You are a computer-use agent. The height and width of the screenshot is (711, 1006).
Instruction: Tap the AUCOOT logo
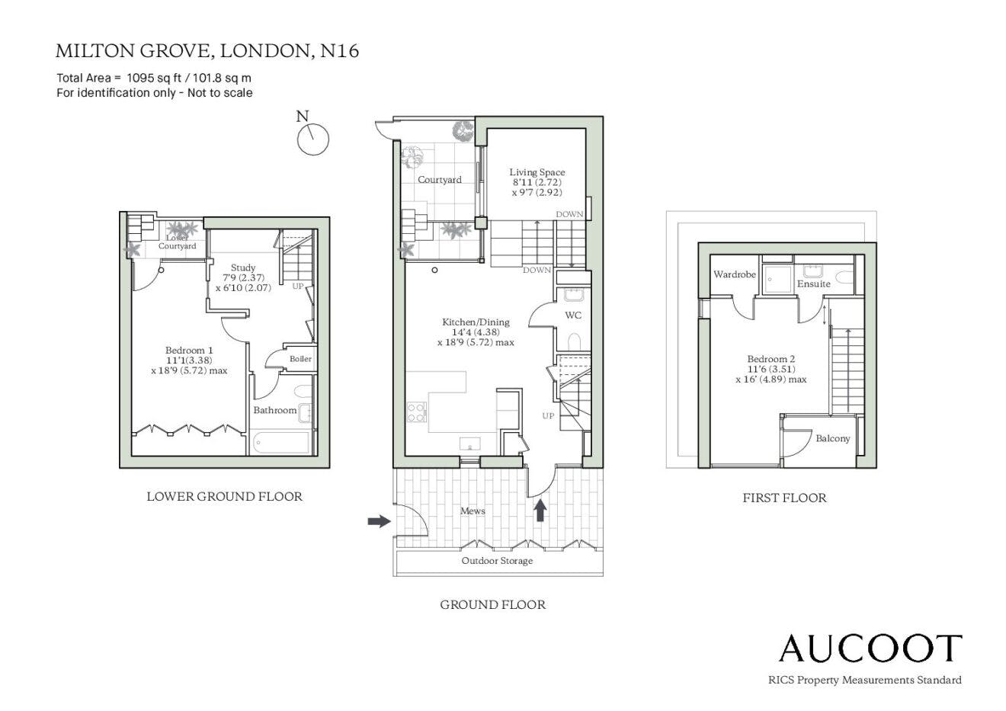click(870, 649)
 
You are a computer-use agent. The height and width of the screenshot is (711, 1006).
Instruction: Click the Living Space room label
click(537, 172)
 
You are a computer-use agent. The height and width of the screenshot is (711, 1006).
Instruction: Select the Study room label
click(243, 267)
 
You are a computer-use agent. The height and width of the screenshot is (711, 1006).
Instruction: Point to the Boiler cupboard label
click(300, 359)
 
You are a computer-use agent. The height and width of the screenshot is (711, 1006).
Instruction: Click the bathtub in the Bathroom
click(281, 443)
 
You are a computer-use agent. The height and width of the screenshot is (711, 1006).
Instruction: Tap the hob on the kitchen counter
click(416, 412)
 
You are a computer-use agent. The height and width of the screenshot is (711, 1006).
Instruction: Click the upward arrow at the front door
click(540, 511)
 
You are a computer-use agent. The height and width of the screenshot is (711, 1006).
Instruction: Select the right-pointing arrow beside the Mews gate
click(380, 521)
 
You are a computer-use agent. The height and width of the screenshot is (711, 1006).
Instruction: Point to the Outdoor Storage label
click(497, 561)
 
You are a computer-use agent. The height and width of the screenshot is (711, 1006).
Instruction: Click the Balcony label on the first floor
click(833, 438)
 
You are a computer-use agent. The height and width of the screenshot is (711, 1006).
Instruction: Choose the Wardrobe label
click(734, 274)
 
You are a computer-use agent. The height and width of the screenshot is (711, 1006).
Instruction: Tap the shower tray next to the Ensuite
click(778, 280)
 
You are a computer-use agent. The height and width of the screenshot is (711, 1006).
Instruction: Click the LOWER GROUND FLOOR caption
click(225, 496)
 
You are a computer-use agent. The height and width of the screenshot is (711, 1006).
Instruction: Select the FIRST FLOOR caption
click(784, 498)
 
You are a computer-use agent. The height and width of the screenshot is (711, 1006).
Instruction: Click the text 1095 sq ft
click(153, 78)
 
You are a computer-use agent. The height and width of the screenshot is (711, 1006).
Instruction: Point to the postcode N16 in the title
click(340, 51)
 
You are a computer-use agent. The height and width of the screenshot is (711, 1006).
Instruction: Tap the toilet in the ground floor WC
click(574, 341)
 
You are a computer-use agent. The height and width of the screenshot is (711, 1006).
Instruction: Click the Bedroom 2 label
click(771, 359)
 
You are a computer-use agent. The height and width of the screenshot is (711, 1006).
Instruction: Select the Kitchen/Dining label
click(476, 322)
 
